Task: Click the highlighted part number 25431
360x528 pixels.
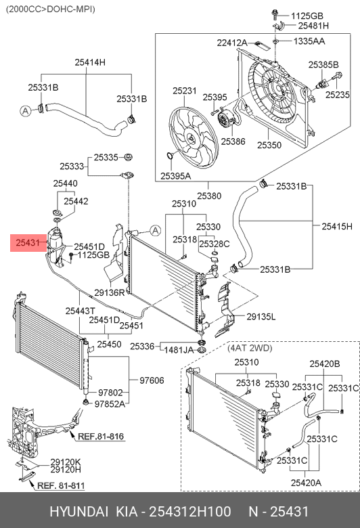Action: pos(28,242)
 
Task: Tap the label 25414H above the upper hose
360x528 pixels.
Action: pos(90,62)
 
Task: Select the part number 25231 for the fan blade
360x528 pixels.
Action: pos(185,91)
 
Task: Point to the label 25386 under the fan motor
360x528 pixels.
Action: pos(233,141)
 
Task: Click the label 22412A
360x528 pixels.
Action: pos(232,43)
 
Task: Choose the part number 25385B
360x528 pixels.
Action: pos(323,65)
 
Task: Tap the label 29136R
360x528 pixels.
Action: pos(110,292)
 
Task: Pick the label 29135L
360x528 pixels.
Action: pos(261,317)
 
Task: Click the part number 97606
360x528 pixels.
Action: pos(152,380)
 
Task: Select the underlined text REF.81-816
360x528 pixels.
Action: pos(101,437)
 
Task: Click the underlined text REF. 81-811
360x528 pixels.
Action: pos(61,485)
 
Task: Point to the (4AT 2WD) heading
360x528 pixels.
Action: pos(250,348)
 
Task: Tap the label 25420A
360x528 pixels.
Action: pos(306,483)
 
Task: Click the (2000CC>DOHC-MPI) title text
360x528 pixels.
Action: pos(51,9)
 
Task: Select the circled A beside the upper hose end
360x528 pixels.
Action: pos(26,111)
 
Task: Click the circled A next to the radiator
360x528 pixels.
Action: pos(155,231)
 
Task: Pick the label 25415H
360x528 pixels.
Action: pos(337,226)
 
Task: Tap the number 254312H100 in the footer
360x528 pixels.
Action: pos(190,512)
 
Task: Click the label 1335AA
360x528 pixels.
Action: pos(309,41)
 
